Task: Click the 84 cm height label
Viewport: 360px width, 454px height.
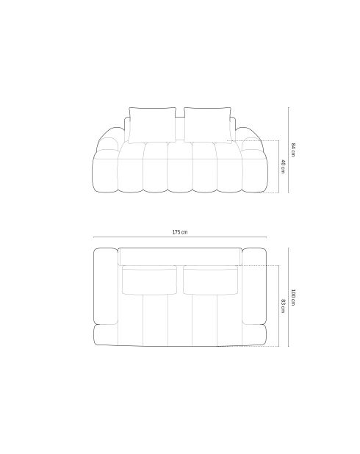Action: [293, 149]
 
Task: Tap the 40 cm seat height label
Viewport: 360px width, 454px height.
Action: [282, 167]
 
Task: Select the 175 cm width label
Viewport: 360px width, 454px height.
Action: [180, 232]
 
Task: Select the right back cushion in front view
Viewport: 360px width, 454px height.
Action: [209, 123]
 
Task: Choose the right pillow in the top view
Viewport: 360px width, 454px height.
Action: [210, 280]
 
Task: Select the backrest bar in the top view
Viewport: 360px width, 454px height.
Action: [181, 256]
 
